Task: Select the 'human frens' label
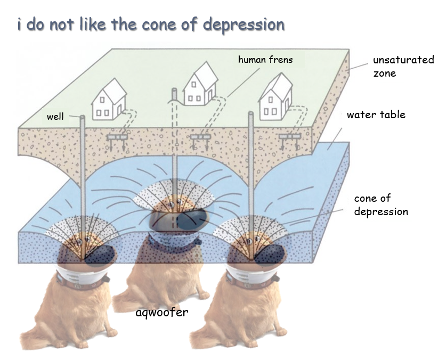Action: click(265, 60)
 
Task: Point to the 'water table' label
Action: click(376, 114)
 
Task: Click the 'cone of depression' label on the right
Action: click(381, 205)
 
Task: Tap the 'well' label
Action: click(55, 117)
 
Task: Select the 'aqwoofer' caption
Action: click(161, 312)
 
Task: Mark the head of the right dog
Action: click(250, 248)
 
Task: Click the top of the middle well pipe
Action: click(174, 92)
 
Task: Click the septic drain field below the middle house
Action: click(200, 137)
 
